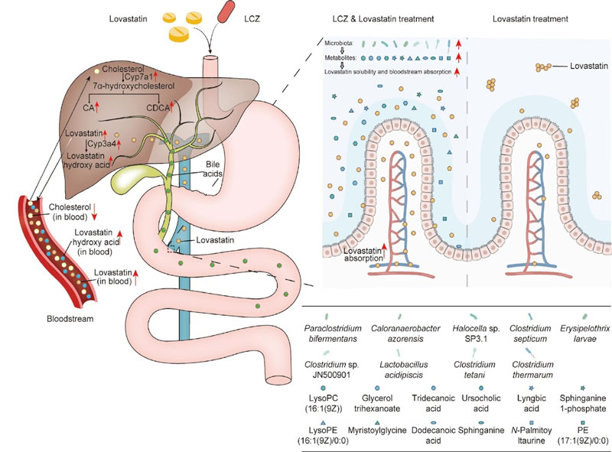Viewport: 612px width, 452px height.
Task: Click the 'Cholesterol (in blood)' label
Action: pyautogui.click(x=73, y=212)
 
